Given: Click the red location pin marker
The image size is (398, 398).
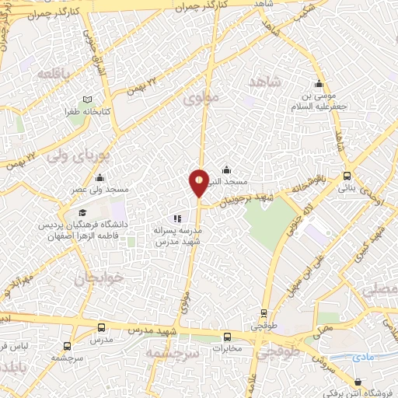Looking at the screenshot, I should click(x=199, y=183).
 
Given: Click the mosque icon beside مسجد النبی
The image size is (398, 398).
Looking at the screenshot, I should click(x=226, y=169).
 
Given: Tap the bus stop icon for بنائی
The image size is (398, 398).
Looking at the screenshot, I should click(x=347, y=176).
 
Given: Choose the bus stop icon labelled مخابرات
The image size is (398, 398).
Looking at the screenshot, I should click(x=227, y=337).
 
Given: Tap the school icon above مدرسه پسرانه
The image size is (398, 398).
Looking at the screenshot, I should click(x=177, y=218).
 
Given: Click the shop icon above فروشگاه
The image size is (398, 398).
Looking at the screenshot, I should click(x=358, y=382).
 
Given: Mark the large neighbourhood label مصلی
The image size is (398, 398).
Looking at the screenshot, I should click(x=381, y=291).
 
